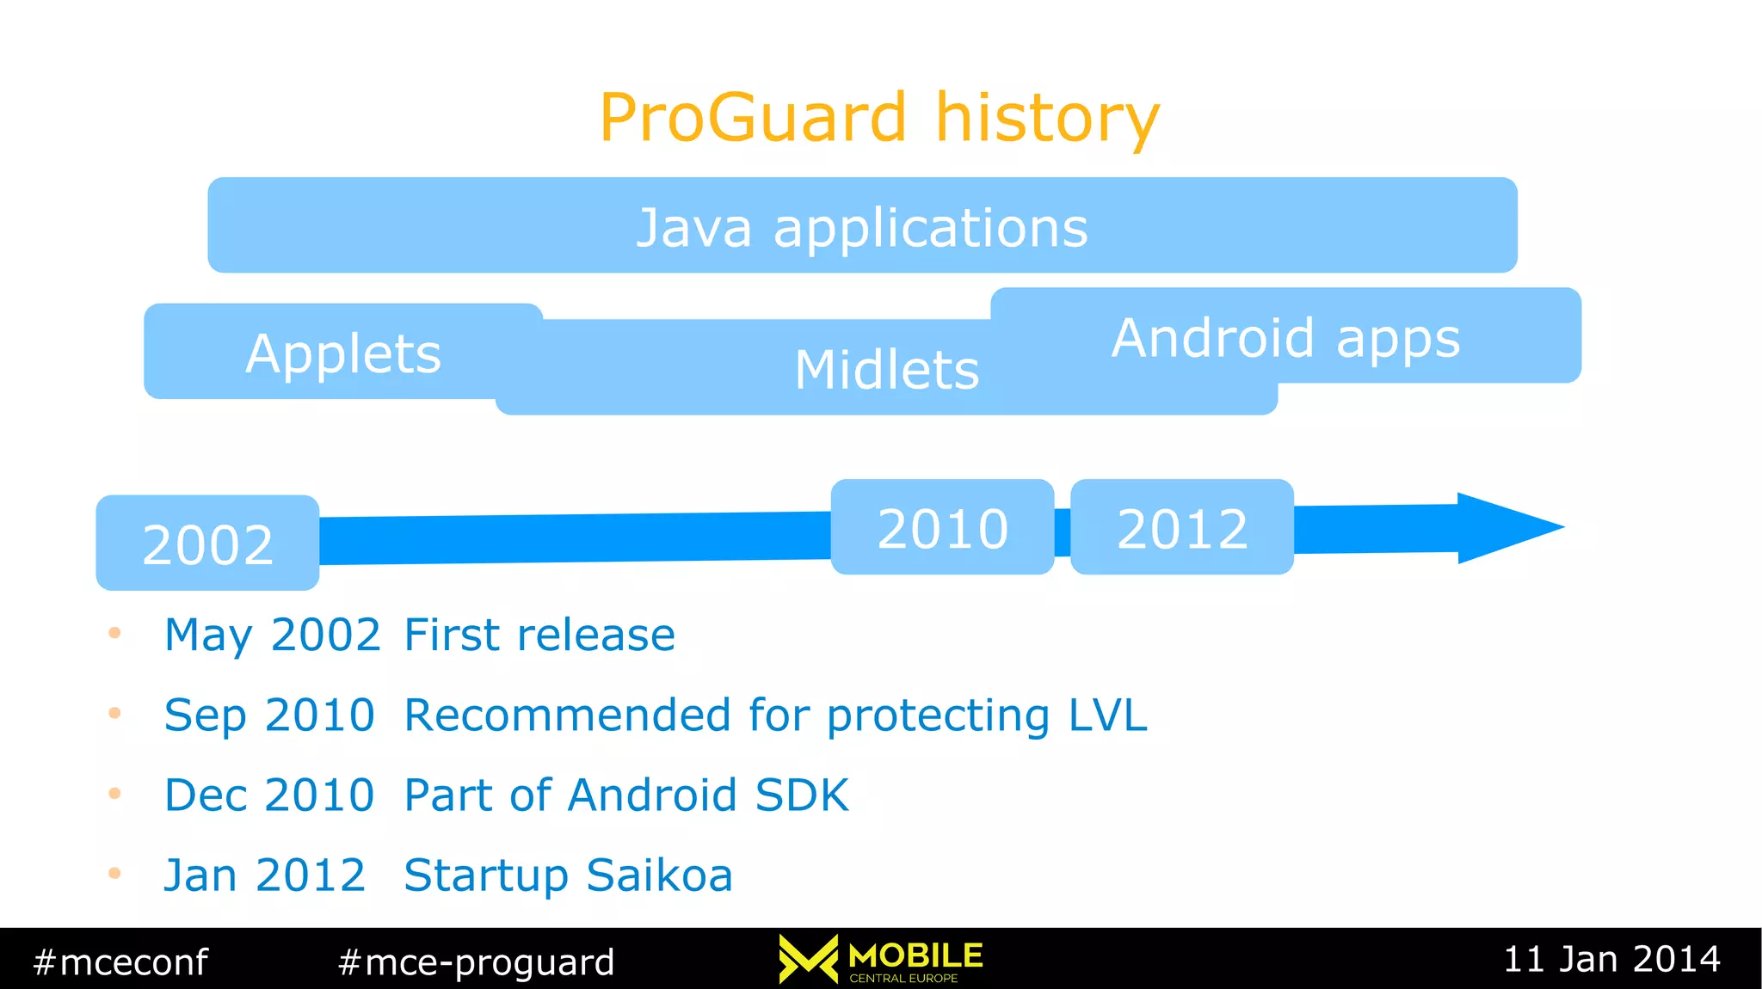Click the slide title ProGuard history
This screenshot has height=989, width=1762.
879,118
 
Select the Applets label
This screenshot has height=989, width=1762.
343,353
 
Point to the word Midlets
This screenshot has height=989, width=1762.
887,370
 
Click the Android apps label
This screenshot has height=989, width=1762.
1285,337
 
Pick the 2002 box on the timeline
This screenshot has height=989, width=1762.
207,544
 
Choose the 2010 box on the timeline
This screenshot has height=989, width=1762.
942,527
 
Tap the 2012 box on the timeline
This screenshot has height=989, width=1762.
1181,527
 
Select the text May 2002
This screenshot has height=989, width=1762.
272,635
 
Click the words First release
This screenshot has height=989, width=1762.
539,635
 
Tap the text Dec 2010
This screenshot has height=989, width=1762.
269,795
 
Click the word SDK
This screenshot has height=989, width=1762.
801,795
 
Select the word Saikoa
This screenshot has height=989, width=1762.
659,875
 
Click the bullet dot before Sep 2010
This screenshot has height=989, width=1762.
114,713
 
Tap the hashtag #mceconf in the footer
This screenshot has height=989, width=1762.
120,961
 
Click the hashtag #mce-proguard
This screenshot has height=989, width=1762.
476,961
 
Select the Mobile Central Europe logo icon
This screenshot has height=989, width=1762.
808,959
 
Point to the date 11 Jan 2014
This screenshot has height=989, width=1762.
1611,959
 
